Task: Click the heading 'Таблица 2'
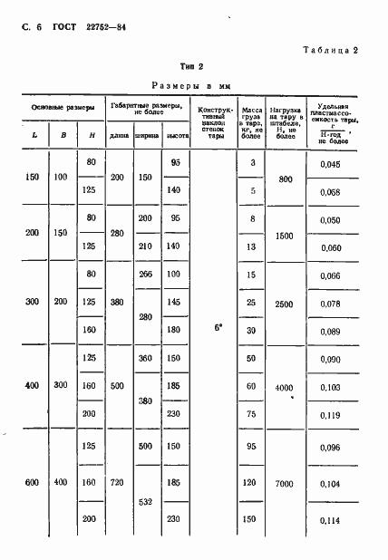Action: pyautogui.click(x=332, y=51)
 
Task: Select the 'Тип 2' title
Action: pyautogui.click(x=192, y=66)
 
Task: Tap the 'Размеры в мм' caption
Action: pyautogui.click(x=192, y=84)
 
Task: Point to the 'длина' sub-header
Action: pyautogui.click(x=119, y=136)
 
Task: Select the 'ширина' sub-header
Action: pyautogui.click(x=147, y=136)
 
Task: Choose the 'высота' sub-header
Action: pyautogui.click(x=176, y=136)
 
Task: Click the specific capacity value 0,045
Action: pyautogui.click(x=330, y=163)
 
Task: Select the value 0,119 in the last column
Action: pyautogui.click(x=330, y=415)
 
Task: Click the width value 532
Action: pyautogui.click(x=146, y=501)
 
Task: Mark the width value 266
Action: pyautogui.click(x=146, y=275)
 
